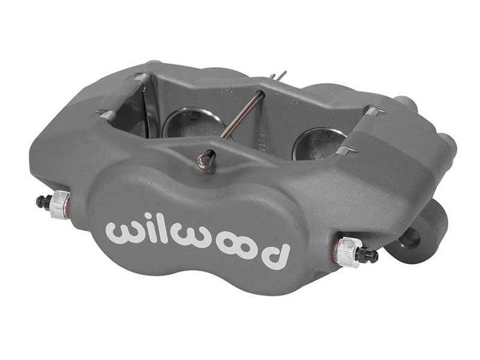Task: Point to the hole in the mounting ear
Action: pyautogui.click(x=414, y=239)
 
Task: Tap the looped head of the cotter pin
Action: pyautogui.click(x=205, y=158)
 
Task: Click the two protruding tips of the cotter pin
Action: pyautogui.click(x=278, y=76)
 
